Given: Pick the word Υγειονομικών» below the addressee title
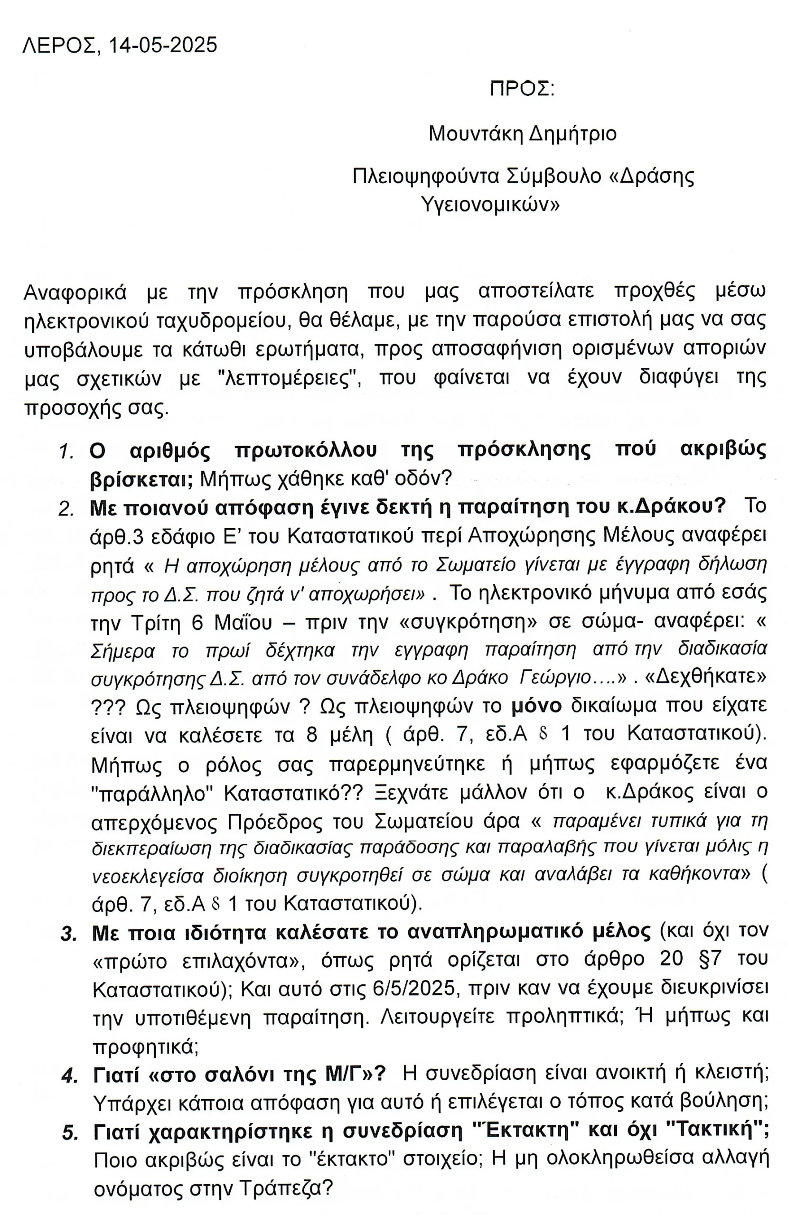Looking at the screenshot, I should click(490, 205).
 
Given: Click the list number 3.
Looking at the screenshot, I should click(68, 933).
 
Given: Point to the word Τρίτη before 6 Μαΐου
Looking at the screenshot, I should click(156, 623).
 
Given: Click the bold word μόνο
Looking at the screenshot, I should click(536, 706).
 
